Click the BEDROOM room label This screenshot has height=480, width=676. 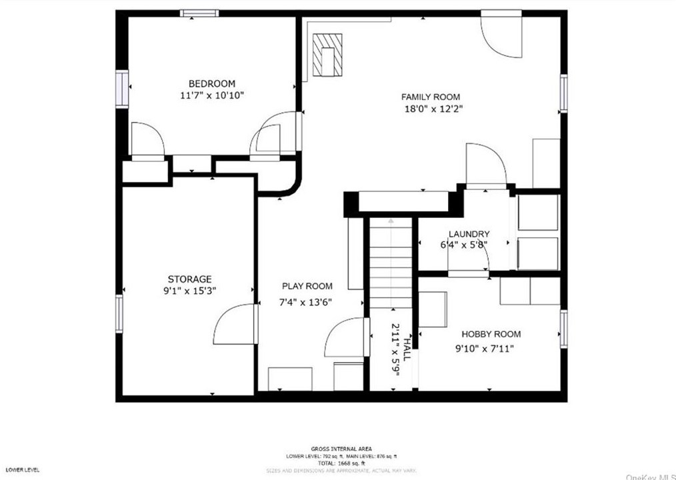point(211,83)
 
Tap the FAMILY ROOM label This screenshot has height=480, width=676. point(430,97)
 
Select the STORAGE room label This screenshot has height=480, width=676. point(189,279)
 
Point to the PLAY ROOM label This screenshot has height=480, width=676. point(307,286)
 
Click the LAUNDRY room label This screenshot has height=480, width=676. point(469,234)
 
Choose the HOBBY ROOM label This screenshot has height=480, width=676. point(491,334)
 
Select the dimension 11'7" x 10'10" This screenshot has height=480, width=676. point(211,95)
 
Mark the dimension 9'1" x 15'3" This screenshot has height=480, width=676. point(189,291)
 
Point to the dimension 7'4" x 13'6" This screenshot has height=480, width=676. point(305,302)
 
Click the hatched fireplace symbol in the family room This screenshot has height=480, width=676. point(328,55)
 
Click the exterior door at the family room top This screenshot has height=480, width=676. point(501,33)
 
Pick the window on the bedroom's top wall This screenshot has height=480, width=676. point(200,13)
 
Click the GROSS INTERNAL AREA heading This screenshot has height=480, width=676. point(341,449)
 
